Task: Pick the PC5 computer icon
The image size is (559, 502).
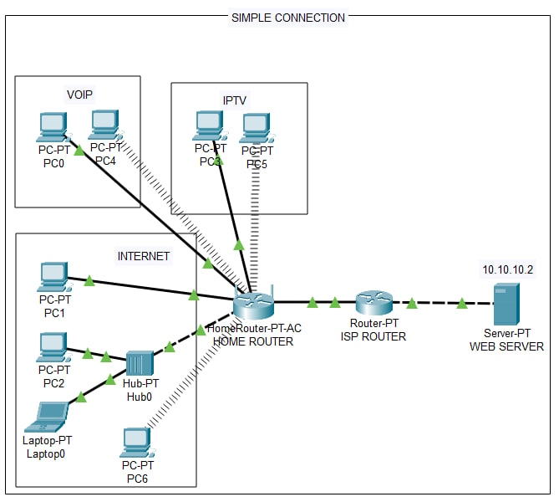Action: (255, 128)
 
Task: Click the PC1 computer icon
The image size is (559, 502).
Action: (53, 276)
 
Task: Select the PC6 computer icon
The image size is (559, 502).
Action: (135, 441)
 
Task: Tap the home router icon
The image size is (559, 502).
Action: (254, 306)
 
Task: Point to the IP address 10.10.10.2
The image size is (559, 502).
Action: (507, 269)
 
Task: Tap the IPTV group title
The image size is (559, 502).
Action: (235, 100)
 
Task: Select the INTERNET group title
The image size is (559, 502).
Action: (144, 256)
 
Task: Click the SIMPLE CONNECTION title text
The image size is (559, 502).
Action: (287, 17)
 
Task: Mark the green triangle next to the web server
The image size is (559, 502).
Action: (462, 304)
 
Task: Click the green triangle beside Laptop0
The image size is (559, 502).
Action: (82, 398)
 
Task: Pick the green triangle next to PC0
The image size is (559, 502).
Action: (79, 151)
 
